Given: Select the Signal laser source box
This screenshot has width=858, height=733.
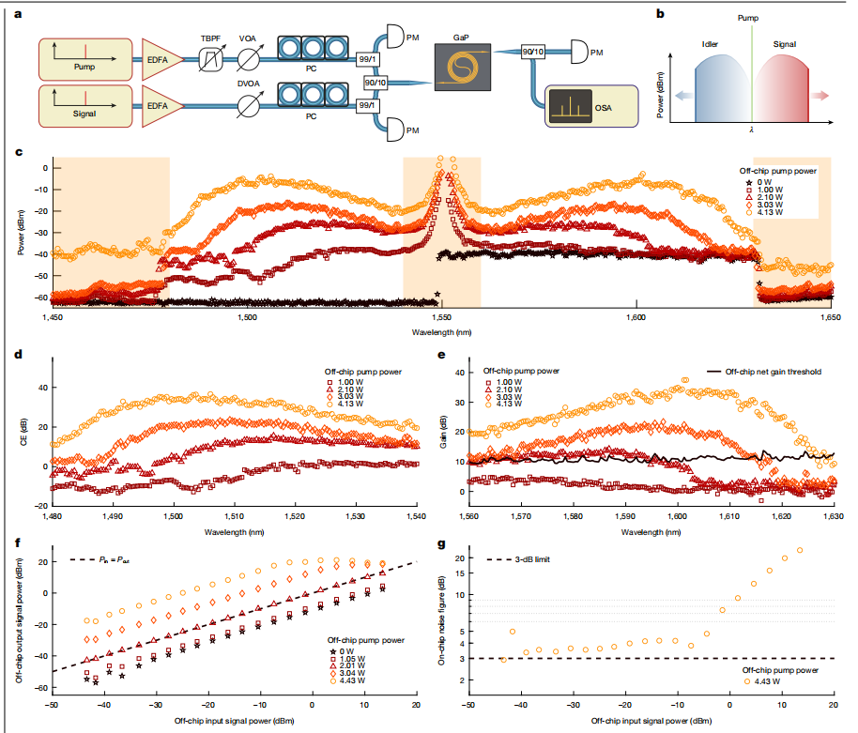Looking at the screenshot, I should [x=82, y=109].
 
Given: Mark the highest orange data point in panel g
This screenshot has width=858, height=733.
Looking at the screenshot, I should [x=800, y=550].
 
